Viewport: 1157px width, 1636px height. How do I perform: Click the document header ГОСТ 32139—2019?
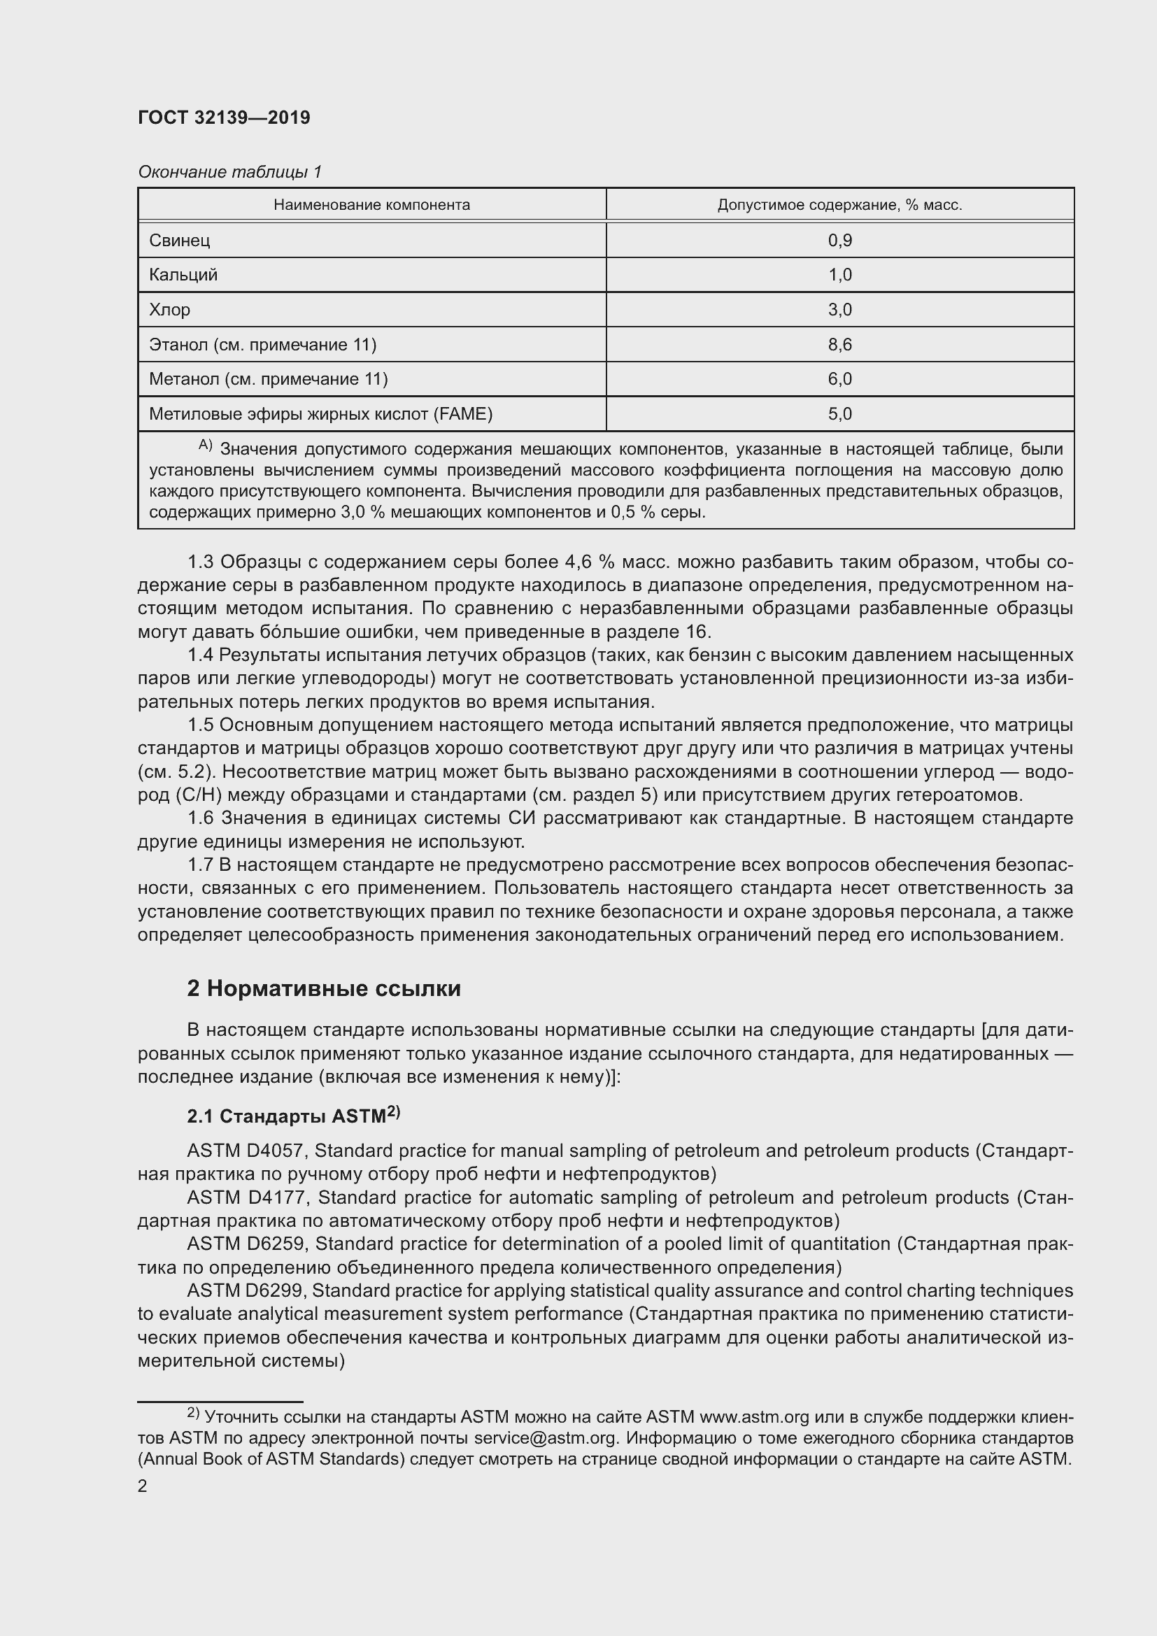pyautogui.click(x=224, y=118)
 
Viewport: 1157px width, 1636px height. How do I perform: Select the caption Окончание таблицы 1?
pyautogui.click(x=229, y=172)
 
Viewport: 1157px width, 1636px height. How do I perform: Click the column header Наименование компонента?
pyautogui.click(x=371, y=205)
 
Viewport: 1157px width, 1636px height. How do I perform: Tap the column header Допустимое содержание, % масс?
pyautogui.click(x=839, y=205)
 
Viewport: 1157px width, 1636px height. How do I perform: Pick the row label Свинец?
pyautogui.click(x=180, y=240)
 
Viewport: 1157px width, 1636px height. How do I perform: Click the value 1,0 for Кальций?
pyautogui.click(x=839, y=275)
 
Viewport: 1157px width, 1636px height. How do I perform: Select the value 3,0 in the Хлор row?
pyautogui.click(x=839, y=310)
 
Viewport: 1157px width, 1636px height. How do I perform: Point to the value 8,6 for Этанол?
pyautogui.click(x=839, y=345)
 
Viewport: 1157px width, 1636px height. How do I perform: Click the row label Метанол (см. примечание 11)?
pyautogui.click(x=268, y=379)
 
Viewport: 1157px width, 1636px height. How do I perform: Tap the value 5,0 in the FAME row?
pyautogui.click(x=839, y=414)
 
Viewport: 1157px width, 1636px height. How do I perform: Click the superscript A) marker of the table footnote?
pyautogui.click(x=205, y=446)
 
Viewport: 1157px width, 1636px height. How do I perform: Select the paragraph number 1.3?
pyautogui.click(x=200, y=562)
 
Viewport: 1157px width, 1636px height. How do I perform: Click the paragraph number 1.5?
pyautogui.click(x=200, y=725)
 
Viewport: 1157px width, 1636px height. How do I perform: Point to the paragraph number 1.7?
pyautogui.click(x=200, y=865)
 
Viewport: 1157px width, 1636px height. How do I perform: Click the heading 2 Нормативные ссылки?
pyautogui.click(x=323, y=988)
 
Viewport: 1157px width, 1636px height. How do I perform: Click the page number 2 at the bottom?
pyautogui.click(x=143, y=1486)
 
